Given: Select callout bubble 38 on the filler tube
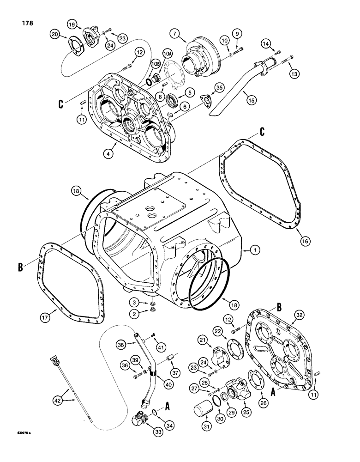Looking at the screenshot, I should click(x=121, y=345).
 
